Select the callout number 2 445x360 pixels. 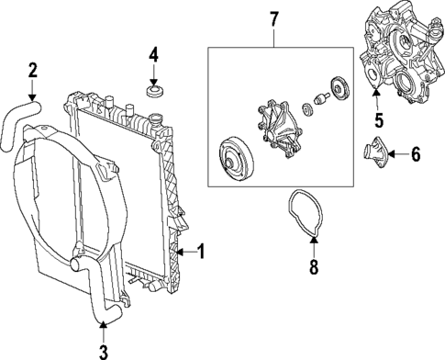pos(32,70)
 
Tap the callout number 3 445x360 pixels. pos(103,350)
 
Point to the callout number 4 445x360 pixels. pos(154,57)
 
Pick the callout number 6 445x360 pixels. pos(415,153)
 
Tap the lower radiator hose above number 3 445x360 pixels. pos(98,294)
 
